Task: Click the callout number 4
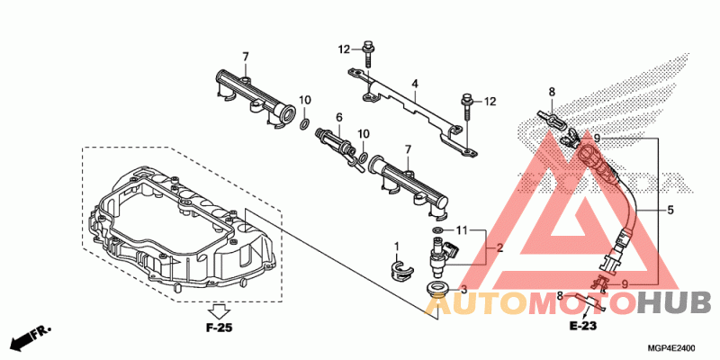pyautogui.click(x=415, y=85)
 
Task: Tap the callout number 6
pyautogui.click(x=339, y=118)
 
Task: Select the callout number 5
pyautogui.click(x=670, y=211)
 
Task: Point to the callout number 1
pyautogui.click(x=396, y=246)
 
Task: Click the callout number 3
pyautogui.click(x=464, y=290)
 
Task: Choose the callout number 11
pyautogui.click(x=462, y=231)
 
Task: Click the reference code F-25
pyautogui.click(x=219, y=328)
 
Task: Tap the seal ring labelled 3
pyautogui.click(x=438, y=289)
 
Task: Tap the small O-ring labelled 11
pyautogui.click(x=436, y=231)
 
